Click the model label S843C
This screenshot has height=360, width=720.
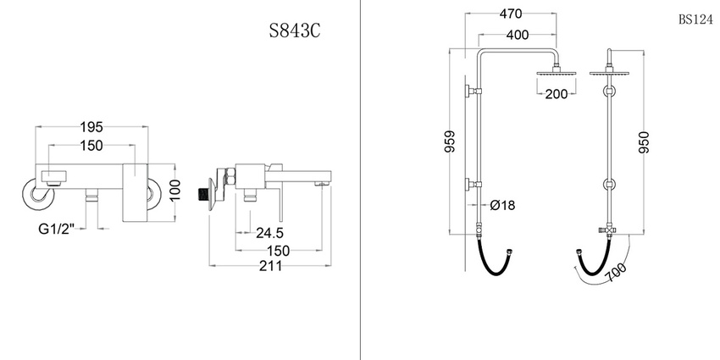click(x=294, y=30)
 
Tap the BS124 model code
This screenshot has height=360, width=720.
click(x=695, y=19)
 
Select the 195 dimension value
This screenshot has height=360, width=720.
click(x=91, y=127)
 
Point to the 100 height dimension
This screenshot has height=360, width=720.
click(x=176, y=190)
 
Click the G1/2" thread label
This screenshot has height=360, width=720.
click(x=56, y=230)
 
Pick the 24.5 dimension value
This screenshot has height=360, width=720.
click(x=269, y=233)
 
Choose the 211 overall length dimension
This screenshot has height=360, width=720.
click(x=270, y=266)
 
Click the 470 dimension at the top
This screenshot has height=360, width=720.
click(x=511, y=14)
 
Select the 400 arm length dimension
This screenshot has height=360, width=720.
click(x=517, y=35)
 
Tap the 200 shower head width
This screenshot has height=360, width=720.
click(x=557, y=94)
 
